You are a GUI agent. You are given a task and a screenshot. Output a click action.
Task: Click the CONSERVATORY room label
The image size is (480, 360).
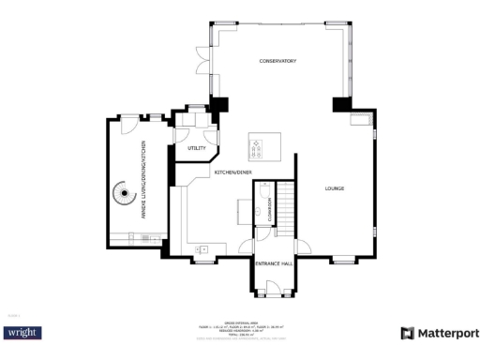click(x=277, y=61)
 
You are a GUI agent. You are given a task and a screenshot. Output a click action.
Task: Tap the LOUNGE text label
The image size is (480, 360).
click(x=335, y=188)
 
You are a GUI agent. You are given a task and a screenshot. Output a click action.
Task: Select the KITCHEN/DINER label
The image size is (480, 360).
click(x=232, y=172)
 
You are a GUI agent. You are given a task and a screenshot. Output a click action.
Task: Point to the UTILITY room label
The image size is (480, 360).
click(x=197, y=148)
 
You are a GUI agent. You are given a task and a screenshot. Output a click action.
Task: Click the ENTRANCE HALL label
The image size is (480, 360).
click(x=275, y=264)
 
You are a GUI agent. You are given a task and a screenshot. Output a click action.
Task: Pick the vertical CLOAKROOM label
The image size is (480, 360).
click(x=269, y=208)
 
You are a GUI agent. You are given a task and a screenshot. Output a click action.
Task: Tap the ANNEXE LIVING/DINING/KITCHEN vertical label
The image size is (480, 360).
click(x=143, y=180)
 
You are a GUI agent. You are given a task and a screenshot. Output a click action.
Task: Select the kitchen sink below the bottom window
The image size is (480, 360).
click(x=202, y=249)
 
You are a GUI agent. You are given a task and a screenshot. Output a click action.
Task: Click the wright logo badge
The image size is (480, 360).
click(x=23, y=333)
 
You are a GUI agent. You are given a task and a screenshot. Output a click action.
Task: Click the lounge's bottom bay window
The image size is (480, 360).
click(x=344, y=259)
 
